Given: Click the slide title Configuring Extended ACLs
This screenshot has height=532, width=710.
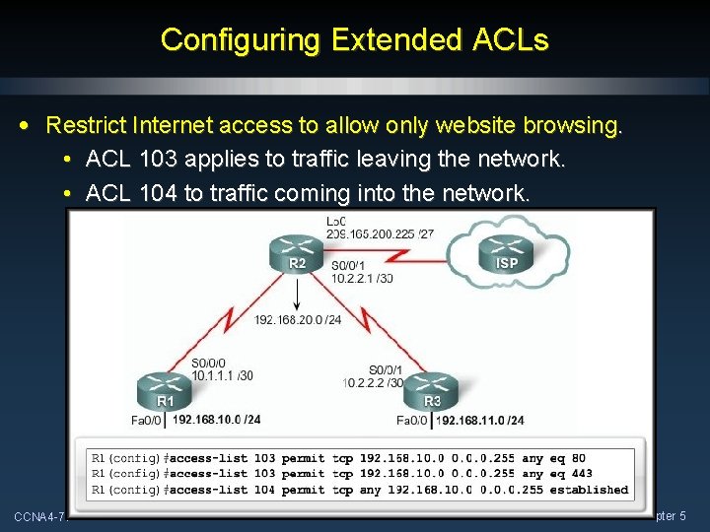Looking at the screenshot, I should [354, 40].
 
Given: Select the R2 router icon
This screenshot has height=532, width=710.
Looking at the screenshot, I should [297, 256].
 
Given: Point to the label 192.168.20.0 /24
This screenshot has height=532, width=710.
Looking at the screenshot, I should [298, 319].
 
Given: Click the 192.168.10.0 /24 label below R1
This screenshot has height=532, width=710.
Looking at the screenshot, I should [217, 420].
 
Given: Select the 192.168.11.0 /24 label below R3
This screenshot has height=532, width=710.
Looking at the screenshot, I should [480, 420].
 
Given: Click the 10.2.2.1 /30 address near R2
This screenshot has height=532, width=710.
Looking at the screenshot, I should [362, 278].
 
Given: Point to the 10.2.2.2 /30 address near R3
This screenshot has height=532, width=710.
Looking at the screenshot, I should [374, 382].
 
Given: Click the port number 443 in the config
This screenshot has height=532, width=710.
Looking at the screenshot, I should [582, 473].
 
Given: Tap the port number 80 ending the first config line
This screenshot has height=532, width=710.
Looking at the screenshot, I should [578, 457].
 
